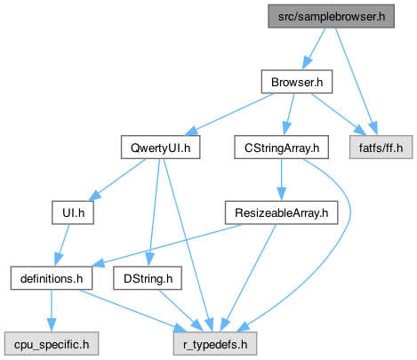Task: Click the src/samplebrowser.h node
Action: [x=331, y=16]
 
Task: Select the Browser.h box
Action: [x=297, y=82]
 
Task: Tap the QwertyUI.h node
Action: [x=160, y=148]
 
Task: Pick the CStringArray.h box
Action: [x=281, y=148]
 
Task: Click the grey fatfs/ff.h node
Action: [x=381, y=148]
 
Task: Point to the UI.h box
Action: [x=73, y=212]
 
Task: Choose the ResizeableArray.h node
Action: [x=281, y=212]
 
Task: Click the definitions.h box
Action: [x=52, y=278]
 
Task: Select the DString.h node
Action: [x=148, y=278]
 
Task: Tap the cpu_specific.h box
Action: [x=52, y=344]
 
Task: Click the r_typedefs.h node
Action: [x=215, y=344]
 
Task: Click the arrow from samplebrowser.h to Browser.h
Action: [x=314, y=49]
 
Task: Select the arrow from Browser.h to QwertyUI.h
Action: [x=230, y=115]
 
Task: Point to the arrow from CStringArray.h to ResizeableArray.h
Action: [x=282, y=180]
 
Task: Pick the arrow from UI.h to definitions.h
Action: [x=62, y=245]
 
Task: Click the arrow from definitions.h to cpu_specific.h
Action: [x=52, y=311]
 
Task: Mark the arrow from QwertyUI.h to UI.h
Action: [x=117, y=180]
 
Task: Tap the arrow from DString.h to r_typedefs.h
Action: [x=180, y=311]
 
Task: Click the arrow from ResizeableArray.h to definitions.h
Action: [x=168, y=244]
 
